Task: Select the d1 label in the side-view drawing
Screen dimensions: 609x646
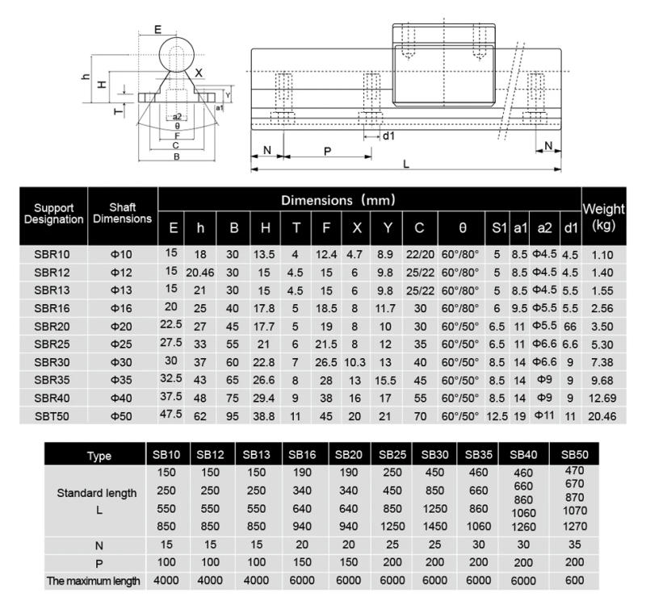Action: click(x=388, y=136)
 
